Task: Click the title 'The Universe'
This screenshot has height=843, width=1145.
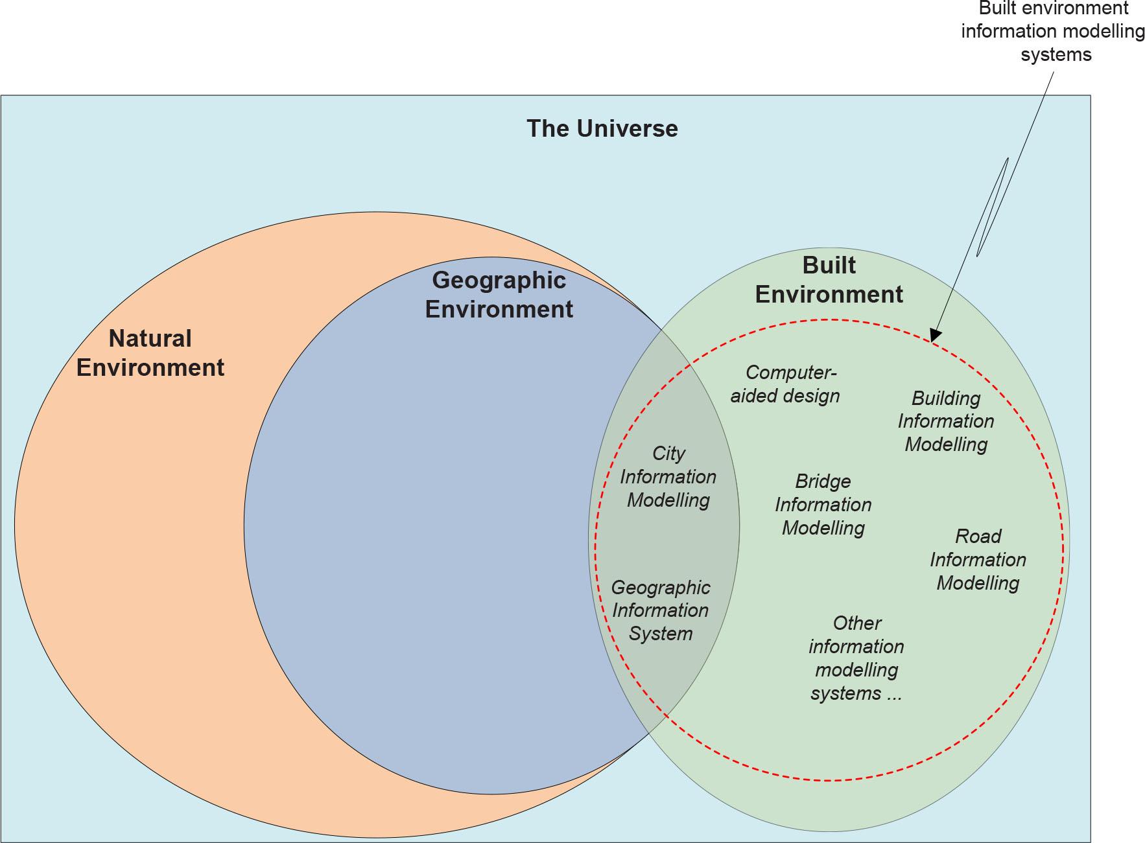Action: [602, 128]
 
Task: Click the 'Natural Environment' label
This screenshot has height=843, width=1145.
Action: [150, 353]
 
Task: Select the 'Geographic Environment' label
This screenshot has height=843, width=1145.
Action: [499, 294]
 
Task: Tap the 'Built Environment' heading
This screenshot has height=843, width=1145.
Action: [829, 280]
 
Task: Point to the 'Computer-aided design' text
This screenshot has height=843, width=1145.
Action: [785, 384]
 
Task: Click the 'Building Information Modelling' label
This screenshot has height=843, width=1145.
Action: [945, 421]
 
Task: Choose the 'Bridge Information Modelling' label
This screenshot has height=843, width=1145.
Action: [823, 505]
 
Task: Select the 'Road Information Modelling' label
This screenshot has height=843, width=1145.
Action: [978, 560]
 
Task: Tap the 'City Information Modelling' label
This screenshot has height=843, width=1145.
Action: [668, 477]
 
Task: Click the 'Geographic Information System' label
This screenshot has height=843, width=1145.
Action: [660, 610]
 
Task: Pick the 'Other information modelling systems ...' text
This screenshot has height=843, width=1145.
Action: [856, 658]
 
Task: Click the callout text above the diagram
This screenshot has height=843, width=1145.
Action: [1053, 31]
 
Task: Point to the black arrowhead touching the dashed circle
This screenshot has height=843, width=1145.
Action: [934, 336]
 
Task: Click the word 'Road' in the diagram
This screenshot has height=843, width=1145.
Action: [978, 537]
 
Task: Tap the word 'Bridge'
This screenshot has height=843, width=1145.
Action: [823, 481]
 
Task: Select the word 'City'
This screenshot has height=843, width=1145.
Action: [668, 454]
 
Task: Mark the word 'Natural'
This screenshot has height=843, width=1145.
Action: [150, 338]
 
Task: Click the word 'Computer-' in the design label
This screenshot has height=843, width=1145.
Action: [791, 373]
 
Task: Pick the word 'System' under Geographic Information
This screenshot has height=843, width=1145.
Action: [660, 634]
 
